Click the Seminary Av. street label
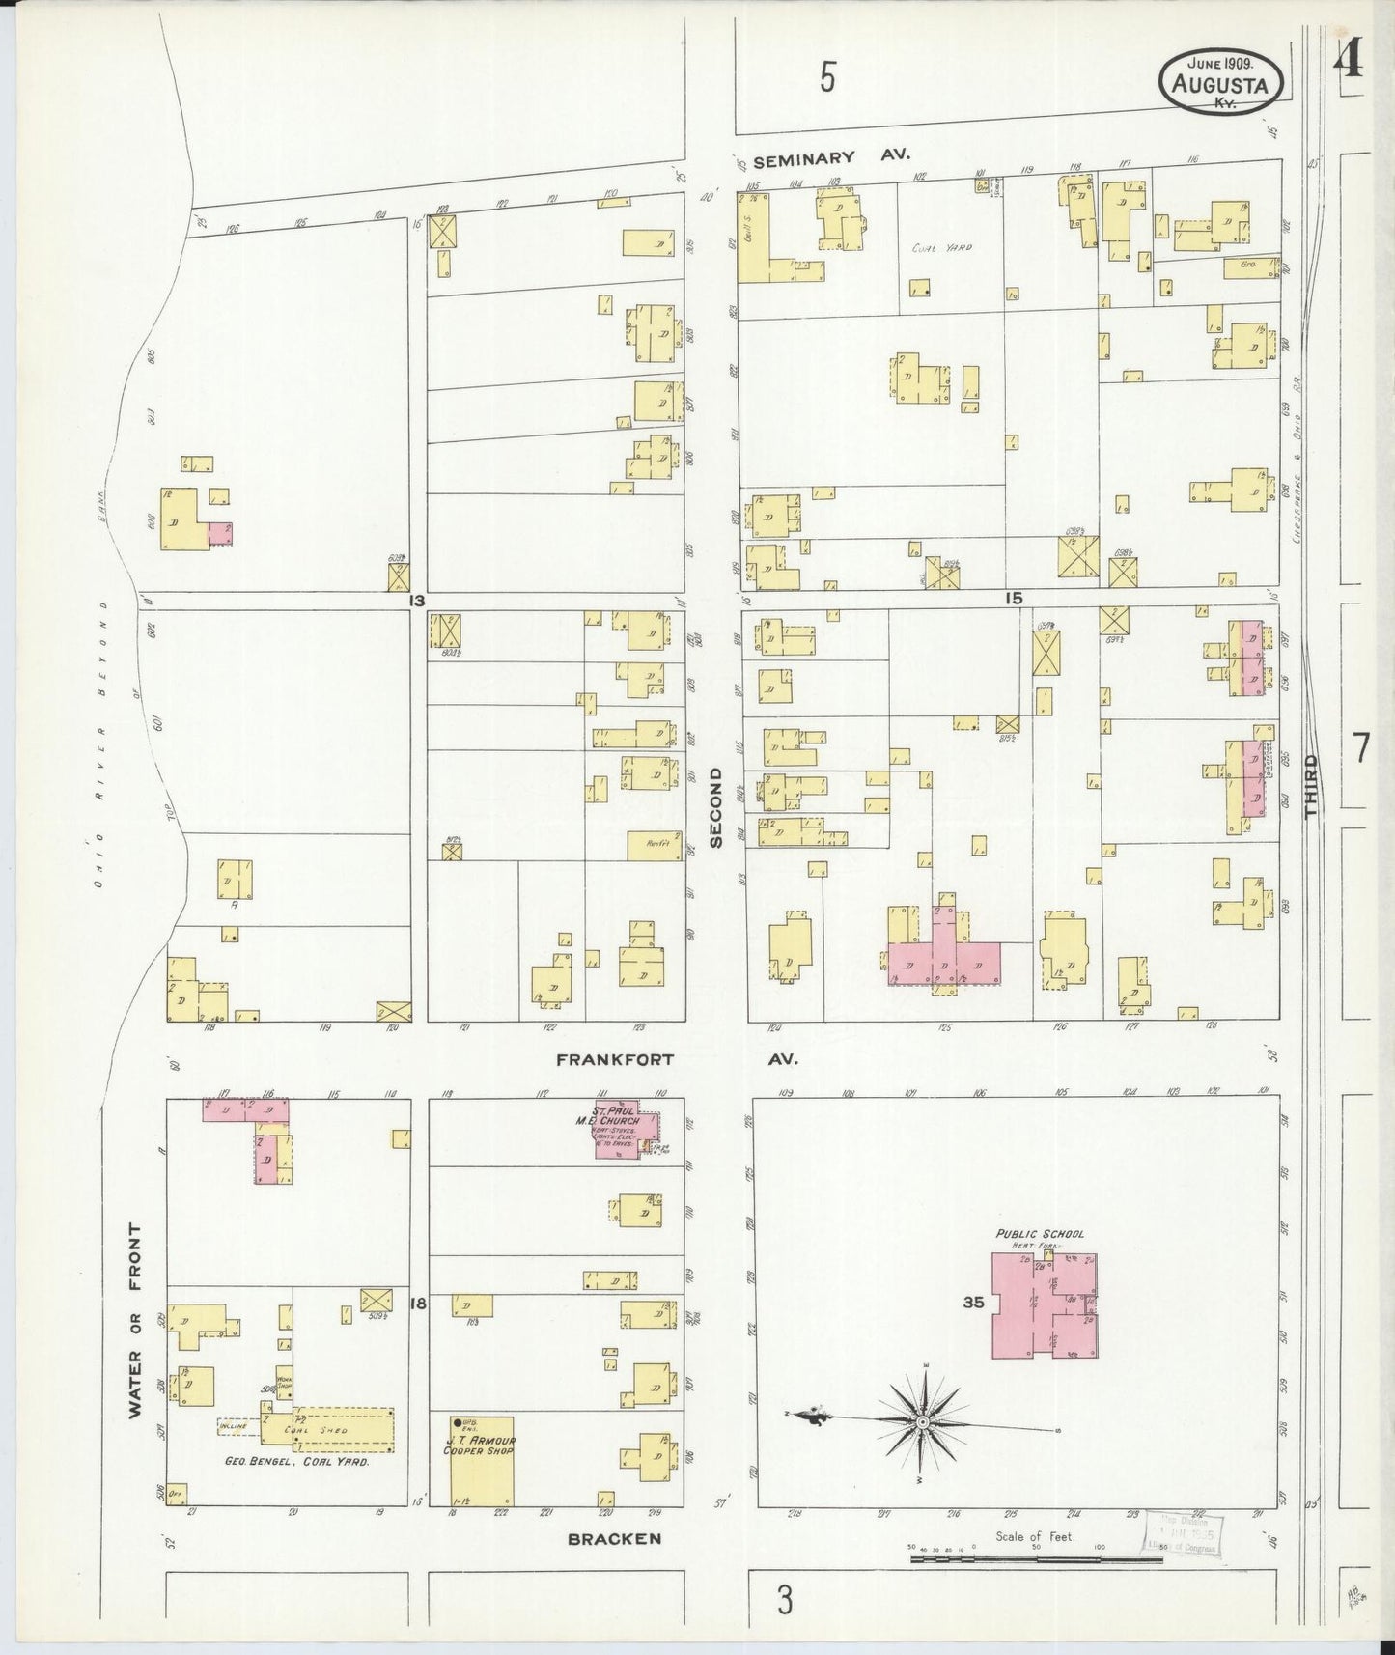click(x=831, y=156)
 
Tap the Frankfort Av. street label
click(x=677, y=1059)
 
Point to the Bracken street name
click(x=614, y=1538)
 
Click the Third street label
click(x=1310, y=787)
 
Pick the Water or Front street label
click(x=134, y=1320)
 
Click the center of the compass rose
click(x=922, y=1422)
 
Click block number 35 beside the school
click(x=972, y=1303)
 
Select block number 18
click(x=418, y=1304)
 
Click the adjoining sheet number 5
click(x=827, y=77)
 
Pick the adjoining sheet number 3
click(x=785, y=1601)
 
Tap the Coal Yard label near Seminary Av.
click(x=942, y=248)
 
